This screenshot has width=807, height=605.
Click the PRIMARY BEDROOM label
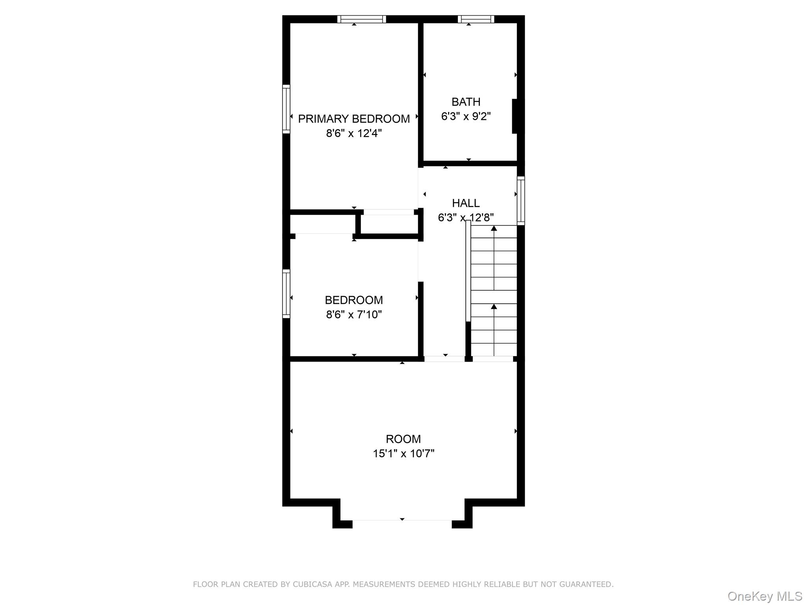[x=353, y=119]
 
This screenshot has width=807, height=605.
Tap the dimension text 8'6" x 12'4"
[x=353, y=134]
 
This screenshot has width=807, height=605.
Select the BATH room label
[x=466, y=102]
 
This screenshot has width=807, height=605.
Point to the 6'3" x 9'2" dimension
[x=466, y=117]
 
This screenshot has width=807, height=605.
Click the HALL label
[x=466, y=203]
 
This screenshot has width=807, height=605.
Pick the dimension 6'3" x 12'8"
[x=466, y=217]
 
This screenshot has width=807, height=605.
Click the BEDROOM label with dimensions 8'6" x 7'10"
[x=353, y=300]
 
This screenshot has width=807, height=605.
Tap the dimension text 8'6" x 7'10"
[x=353, y=315]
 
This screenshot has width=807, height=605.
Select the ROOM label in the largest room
[x=403, y=439]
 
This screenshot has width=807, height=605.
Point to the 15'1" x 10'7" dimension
[x=403, y=454]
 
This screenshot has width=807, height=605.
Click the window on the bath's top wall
[x=476, y=19]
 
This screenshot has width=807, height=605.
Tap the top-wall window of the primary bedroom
[x=361, y=19]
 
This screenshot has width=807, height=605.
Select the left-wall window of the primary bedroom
[x=286, y=109]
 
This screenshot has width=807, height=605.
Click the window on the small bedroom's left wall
[x=286, y=293]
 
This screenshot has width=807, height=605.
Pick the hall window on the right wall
[x=521, y=200]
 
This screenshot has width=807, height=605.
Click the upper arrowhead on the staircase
[x=494, y=228]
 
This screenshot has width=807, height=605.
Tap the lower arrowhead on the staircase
[x=494, y=306]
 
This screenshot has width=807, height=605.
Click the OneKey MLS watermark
[x=764, y=596]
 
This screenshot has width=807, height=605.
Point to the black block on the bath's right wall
[x=515, y=116]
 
